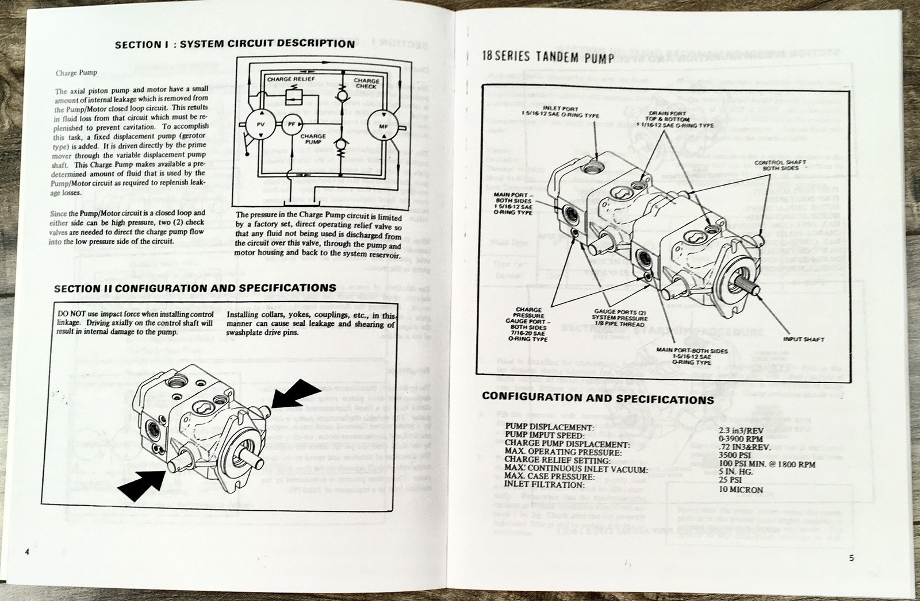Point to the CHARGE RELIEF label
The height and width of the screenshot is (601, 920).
[291, 79]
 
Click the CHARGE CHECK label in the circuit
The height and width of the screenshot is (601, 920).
[366, 83]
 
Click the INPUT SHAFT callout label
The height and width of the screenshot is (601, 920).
[803, 340]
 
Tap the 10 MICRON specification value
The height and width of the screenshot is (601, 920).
[741, 490]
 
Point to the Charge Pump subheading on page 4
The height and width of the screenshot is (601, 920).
[76, 73]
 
